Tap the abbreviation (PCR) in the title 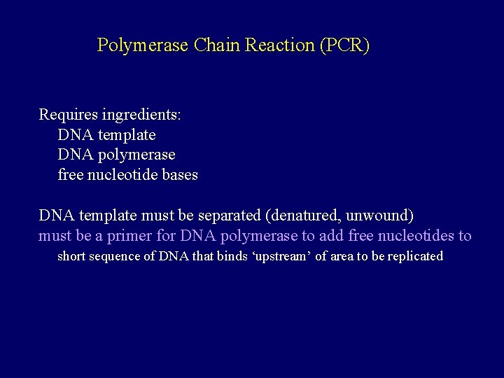pos(344,46)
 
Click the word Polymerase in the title pos(142,46)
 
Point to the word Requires pos(67,114)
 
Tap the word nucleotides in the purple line pos(417,236)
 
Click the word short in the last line pos(71,256)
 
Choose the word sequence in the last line pos(115,256)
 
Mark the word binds pos(231,256)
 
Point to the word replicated pos(414,256)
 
